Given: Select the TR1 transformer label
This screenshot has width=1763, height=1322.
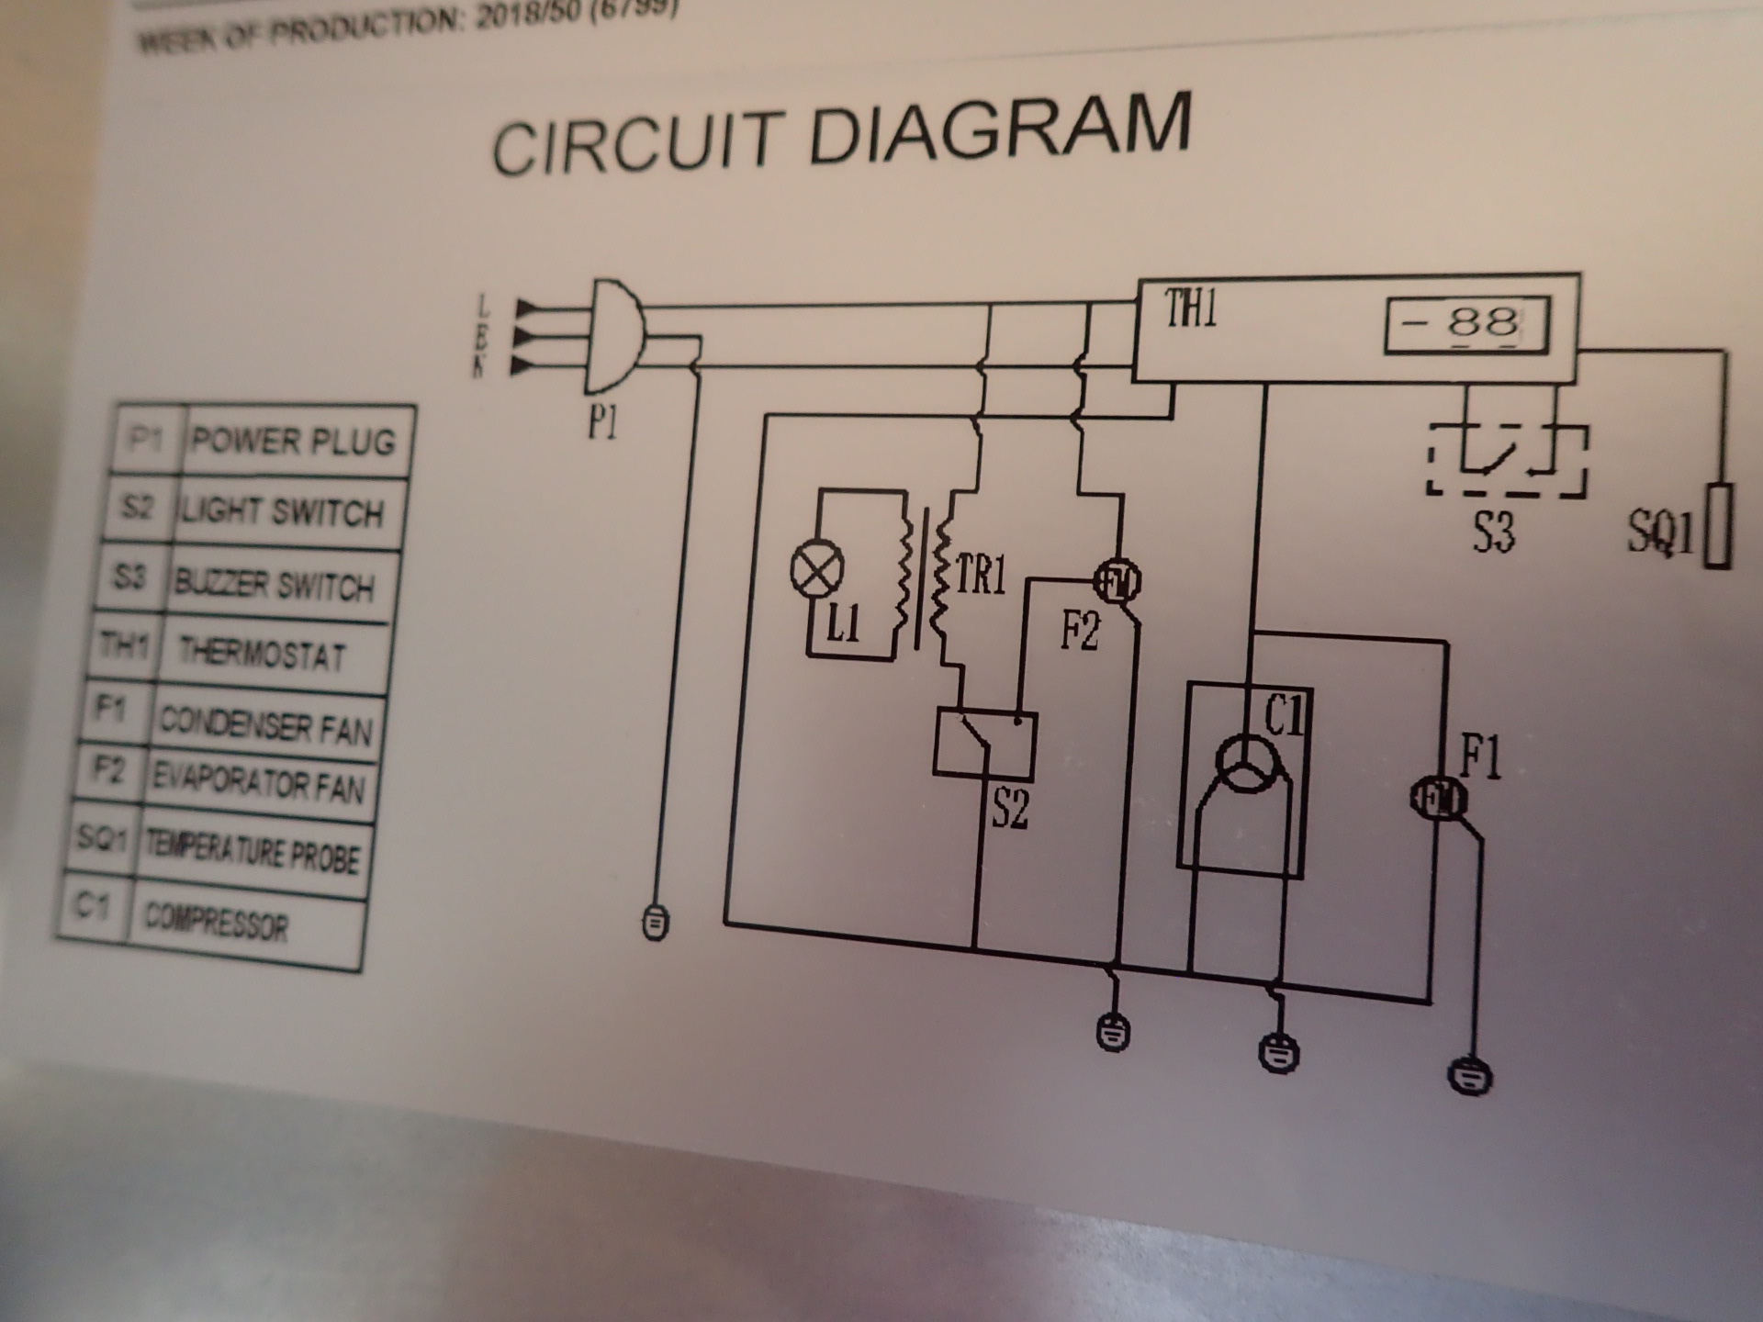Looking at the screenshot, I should (981, 576).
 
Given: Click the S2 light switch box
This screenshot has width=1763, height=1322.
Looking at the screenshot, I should (984, 744).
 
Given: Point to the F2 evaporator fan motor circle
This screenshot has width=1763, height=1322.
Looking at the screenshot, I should (1117, 580).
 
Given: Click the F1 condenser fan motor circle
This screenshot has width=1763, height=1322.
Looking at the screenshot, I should (1438, 799).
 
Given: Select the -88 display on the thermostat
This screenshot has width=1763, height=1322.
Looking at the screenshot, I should (1466, 324).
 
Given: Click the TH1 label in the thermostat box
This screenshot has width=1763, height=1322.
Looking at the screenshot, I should (1192, 308).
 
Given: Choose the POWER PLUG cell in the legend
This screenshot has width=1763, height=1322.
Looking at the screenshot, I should (292, 442).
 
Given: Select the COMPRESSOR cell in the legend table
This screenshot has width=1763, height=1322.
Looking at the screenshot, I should (218, 920).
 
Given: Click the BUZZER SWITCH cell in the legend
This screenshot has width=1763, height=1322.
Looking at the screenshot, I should (274, 584).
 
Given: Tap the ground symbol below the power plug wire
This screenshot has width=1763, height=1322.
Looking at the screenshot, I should (655, 921).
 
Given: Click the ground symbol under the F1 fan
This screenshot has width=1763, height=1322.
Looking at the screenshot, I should (1469, 1076).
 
